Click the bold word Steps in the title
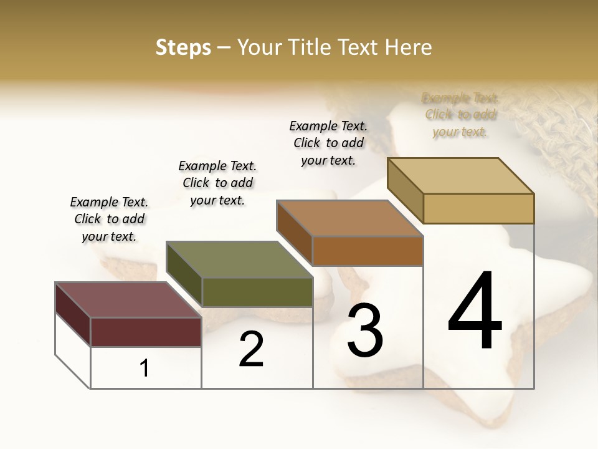coord(183,47)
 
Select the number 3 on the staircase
coord(364,330)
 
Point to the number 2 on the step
coord(251,349)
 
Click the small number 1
coord(145,369)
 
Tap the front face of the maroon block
coord(146,332)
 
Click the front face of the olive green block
coord(257,292)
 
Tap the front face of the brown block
coord(368,251)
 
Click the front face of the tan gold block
coord(478,208)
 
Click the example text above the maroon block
coord(109,220)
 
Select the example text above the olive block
coord(217,183)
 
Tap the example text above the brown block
coord(328,143)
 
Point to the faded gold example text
coord(460,115)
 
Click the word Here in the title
coord(409,47)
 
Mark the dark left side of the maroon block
coord(73,314)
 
